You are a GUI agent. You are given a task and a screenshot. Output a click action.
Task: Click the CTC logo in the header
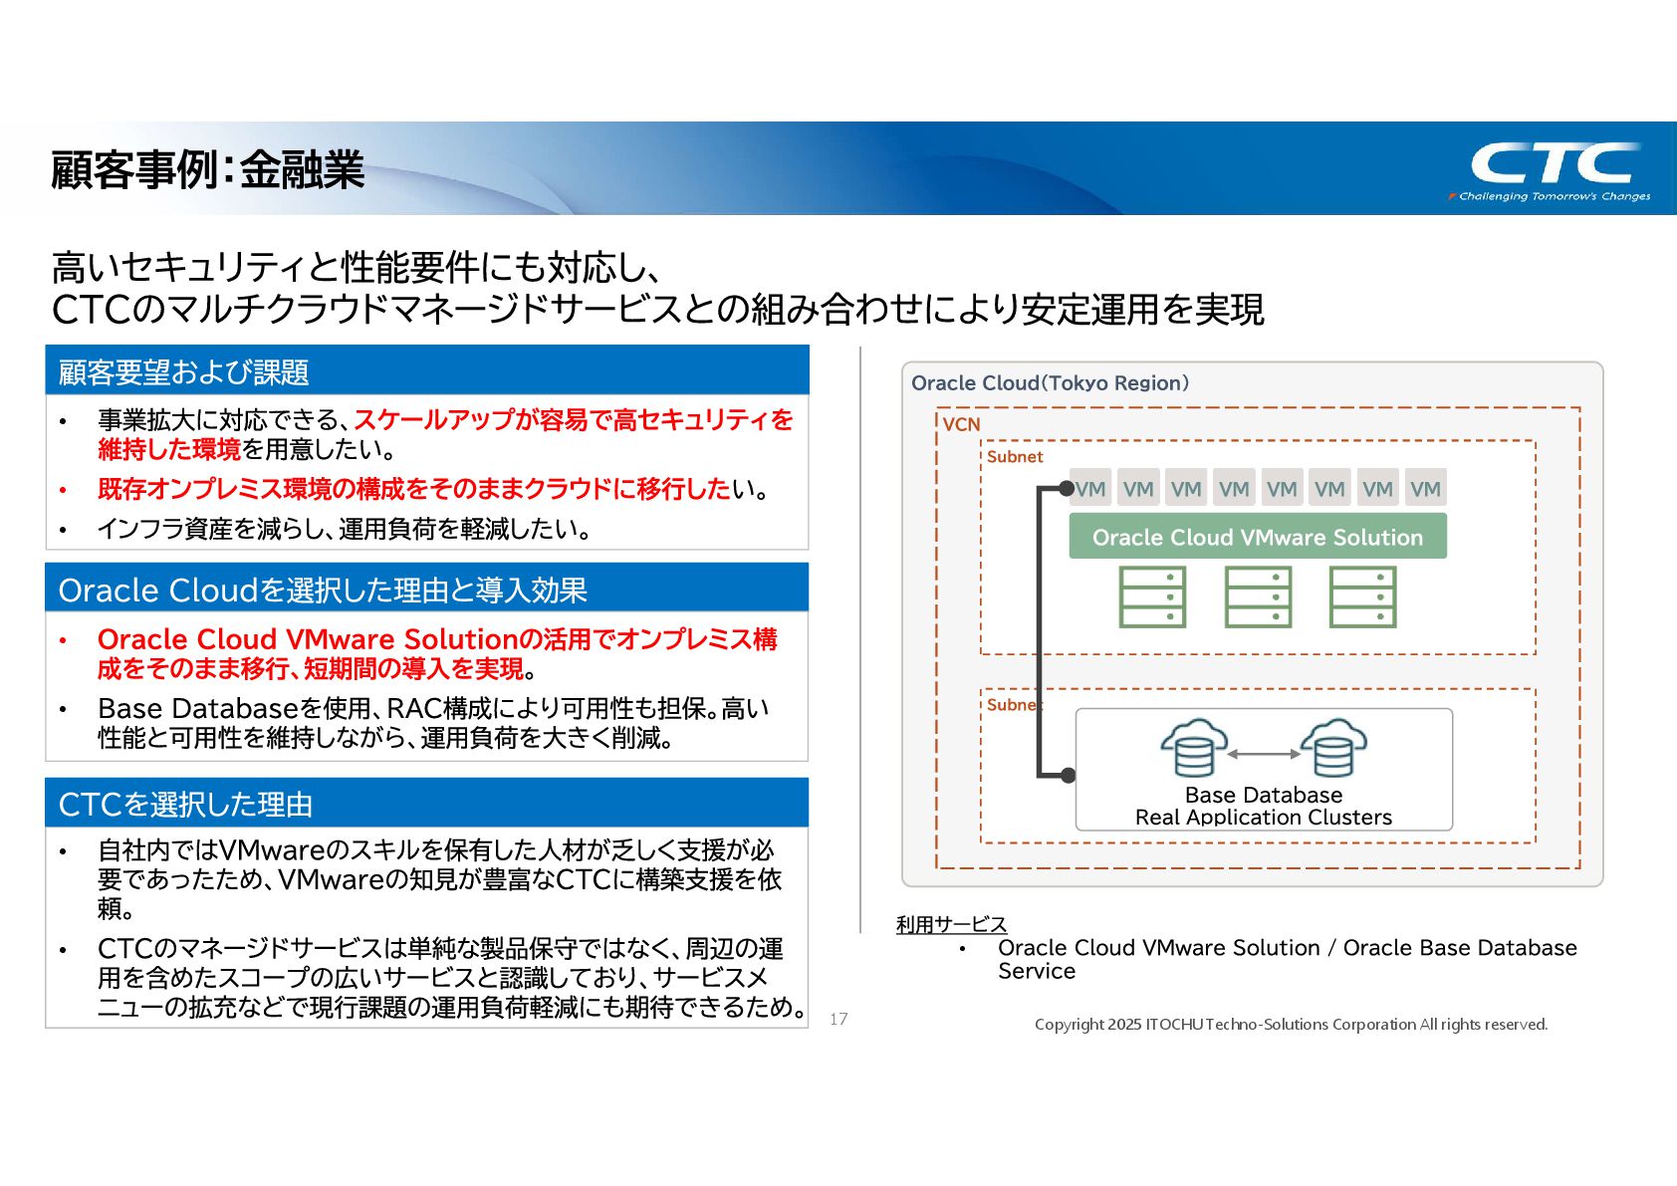(x=1556, y=167)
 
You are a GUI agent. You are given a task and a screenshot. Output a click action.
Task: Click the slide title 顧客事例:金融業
(x=207, y=169)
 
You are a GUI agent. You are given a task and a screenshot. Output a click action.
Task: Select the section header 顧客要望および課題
(x=184, y=371)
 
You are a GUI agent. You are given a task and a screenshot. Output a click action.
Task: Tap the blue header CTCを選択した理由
(x=186, y=804)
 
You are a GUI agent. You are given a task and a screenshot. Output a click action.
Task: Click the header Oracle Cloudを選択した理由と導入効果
(x=323, y=590)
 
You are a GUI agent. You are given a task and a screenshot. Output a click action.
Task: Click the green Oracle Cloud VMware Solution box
(x=1257, y=537)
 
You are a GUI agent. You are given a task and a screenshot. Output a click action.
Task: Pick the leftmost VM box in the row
(x=1090, y=489)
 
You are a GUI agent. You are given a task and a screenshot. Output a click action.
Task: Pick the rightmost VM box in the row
(x=1425, y=489)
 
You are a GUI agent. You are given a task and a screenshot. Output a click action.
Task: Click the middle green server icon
(x=1258, y=596)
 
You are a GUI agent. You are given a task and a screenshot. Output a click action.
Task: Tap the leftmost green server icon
(x=1152, y=596)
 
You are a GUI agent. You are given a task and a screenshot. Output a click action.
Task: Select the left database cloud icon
(x=1193, y=748)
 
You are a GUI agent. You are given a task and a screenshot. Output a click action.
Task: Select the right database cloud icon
(x=1333, y=748)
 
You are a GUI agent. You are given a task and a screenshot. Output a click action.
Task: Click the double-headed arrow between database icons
(x=1264, y=754)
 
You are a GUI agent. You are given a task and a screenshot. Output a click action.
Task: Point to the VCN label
(x=961, y=424)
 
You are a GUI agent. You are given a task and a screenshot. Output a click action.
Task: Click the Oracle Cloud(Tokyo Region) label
(x=1050, y=383)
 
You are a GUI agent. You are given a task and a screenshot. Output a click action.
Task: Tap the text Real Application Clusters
(x=1263, y=818)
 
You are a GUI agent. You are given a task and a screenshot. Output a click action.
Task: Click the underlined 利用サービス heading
(x=951, y=924)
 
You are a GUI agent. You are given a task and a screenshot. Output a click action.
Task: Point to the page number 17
(x=838, y=1019)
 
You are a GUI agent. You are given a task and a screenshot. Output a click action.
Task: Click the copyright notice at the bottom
(x=1291, y=1024)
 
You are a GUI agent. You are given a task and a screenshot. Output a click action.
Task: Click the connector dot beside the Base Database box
(x=1068, y=775)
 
